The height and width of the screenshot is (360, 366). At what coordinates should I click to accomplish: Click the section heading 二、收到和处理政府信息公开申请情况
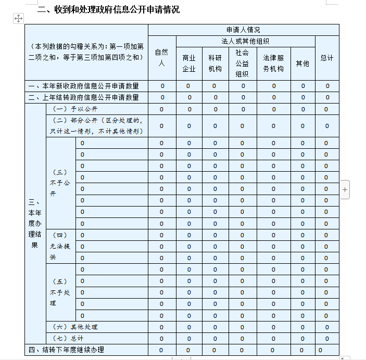[x=108, y=9]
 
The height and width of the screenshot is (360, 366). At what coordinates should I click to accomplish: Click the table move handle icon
[x=18, y=19]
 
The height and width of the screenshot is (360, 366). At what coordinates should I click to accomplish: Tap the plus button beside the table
[x=345, y=190]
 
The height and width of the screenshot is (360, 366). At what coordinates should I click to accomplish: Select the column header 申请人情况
[x=243, y=30]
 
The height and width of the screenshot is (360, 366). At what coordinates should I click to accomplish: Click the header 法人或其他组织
[x=245, y=41]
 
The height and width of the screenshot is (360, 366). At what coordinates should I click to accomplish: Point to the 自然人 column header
[x=161, y=58]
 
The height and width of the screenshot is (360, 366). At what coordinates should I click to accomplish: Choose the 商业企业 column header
[x=189, y=63]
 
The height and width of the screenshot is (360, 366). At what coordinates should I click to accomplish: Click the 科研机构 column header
[x=215, y=63]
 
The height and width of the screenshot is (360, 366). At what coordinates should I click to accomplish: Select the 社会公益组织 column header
[x=242, y=63]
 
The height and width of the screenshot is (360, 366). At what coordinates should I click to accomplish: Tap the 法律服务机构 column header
[x=273, y=63]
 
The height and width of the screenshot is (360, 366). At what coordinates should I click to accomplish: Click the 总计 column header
[x=327, y=58]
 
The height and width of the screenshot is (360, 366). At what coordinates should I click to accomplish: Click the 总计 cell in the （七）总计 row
[x=327, y=339]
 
